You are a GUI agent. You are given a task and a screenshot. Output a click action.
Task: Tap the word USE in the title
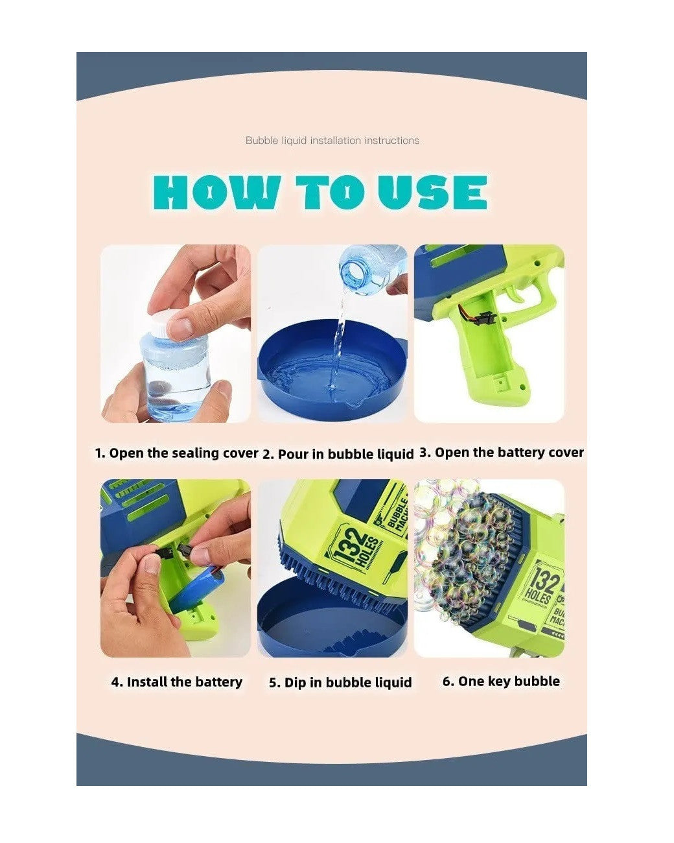[x=433, y=192]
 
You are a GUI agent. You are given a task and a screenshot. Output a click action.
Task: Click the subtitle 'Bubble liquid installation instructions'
[x=332, y=140]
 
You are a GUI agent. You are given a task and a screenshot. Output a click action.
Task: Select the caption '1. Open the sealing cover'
[x=177, y=453]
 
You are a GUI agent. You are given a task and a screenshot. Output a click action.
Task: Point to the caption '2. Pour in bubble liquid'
[x=338, y=454]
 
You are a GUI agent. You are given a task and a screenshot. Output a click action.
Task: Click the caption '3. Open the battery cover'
[x=502, y=453]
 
